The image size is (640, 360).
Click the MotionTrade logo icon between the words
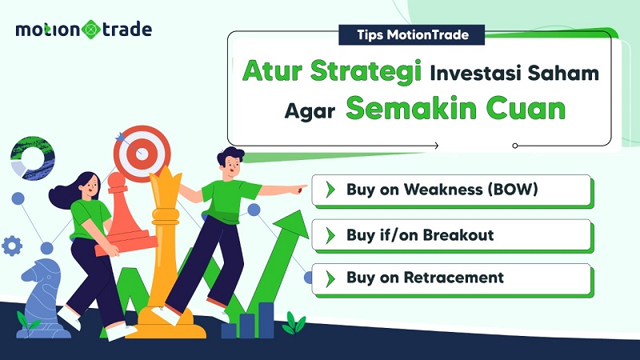[x=91, y=30]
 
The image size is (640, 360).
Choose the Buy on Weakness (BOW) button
[x=452, y=190]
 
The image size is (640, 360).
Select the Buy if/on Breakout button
[x=452, y=235]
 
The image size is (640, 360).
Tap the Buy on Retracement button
[x=452, y=278]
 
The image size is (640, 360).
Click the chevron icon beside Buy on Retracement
[x=329, y=278]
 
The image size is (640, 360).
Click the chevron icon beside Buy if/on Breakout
[x=329, y=235]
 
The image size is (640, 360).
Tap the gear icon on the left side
[x=12, y=245]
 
